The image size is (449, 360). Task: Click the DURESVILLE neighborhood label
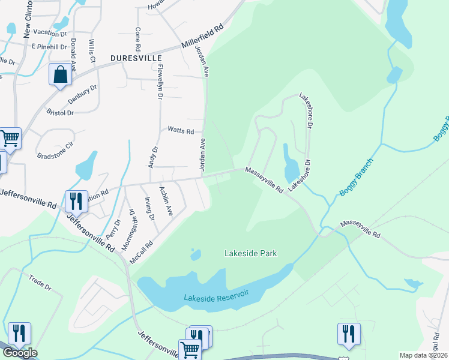click(x=136, y=58)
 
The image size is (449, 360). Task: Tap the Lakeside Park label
click(x=250, y=254)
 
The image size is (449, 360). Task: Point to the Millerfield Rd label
click(x=202, y=37)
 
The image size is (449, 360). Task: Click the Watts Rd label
click(x=181, y=131)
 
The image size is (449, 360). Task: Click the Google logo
click(x=19, y=353)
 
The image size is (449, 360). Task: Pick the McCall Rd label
click(x=142, y=252)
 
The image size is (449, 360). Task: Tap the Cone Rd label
click(x=138, y=38)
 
